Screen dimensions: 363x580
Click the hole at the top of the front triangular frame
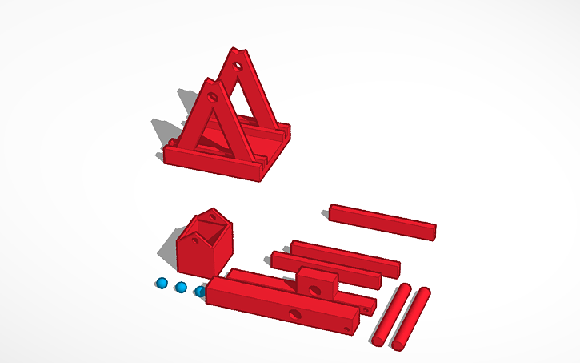click(x=213, y=96)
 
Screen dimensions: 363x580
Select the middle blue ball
click(x=181, y=287)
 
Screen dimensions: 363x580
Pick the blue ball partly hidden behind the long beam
click(x=199, y=291)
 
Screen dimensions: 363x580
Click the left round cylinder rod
click(x=391, y=315)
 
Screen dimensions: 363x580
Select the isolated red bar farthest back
click(x=382, y=220)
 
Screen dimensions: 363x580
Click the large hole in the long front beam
click(x=297, y=313)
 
